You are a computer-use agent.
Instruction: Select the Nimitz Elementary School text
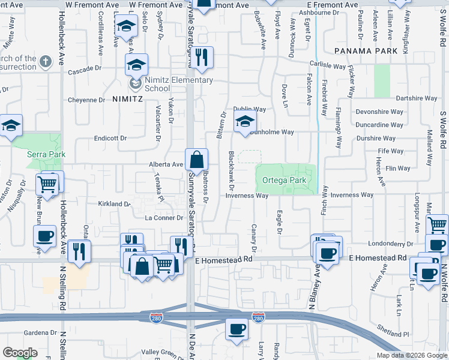[179, 84]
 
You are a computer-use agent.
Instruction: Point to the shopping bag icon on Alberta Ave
[196, 160]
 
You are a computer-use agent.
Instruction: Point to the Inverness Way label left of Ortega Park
[247, 196]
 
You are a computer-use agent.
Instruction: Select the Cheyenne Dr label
[86, 100]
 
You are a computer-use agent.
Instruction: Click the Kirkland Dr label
[114, 204]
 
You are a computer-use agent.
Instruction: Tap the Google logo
[20, 353]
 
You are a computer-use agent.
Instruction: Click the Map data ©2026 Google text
[411, 355]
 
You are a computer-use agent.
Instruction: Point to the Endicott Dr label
[110, 138]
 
